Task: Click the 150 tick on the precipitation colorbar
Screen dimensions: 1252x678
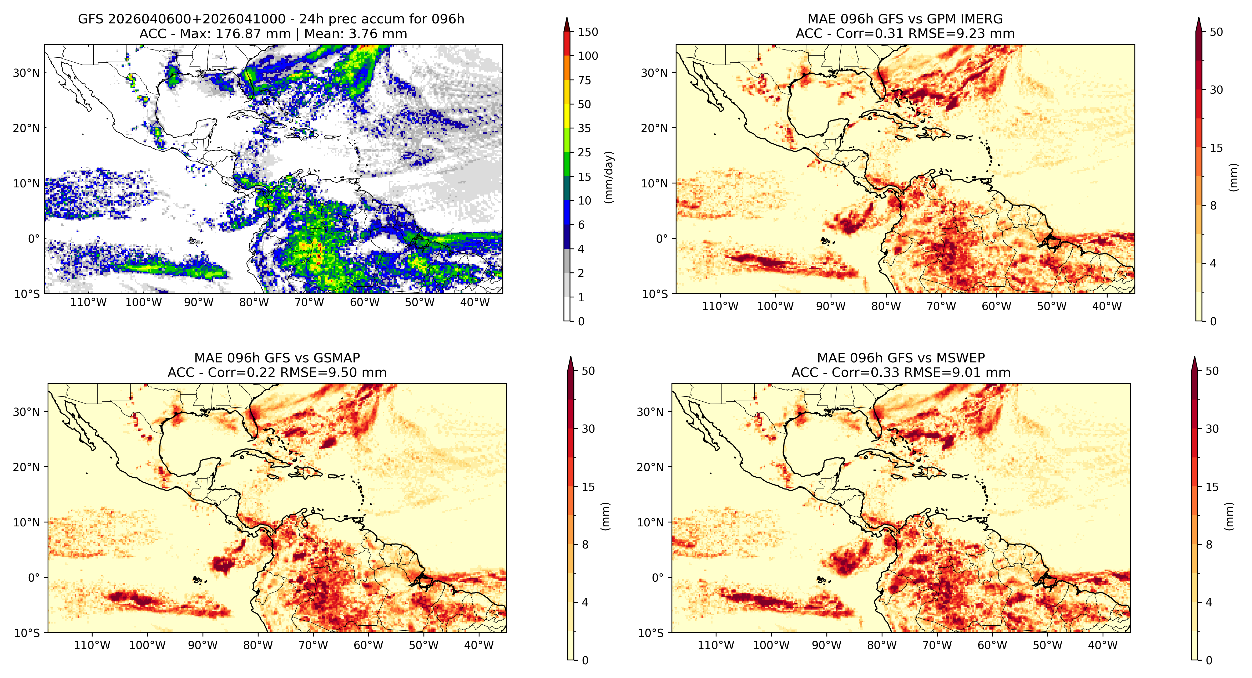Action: coord(588,32)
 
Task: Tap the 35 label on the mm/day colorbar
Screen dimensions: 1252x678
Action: coord(584,128)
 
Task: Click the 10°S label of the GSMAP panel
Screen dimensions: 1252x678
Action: coord(27,633)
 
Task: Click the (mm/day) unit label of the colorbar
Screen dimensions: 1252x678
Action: coord(608,177)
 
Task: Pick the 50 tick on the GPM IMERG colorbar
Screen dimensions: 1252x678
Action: coord(1216,32)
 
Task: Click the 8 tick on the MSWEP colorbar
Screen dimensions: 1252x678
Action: coord(1209,545)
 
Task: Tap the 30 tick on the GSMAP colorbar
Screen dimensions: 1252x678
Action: coord(588,429)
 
